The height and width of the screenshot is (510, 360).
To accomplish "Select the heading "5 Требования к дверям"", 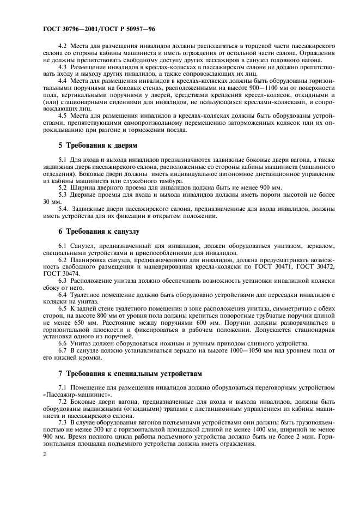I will pos(98,146).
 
